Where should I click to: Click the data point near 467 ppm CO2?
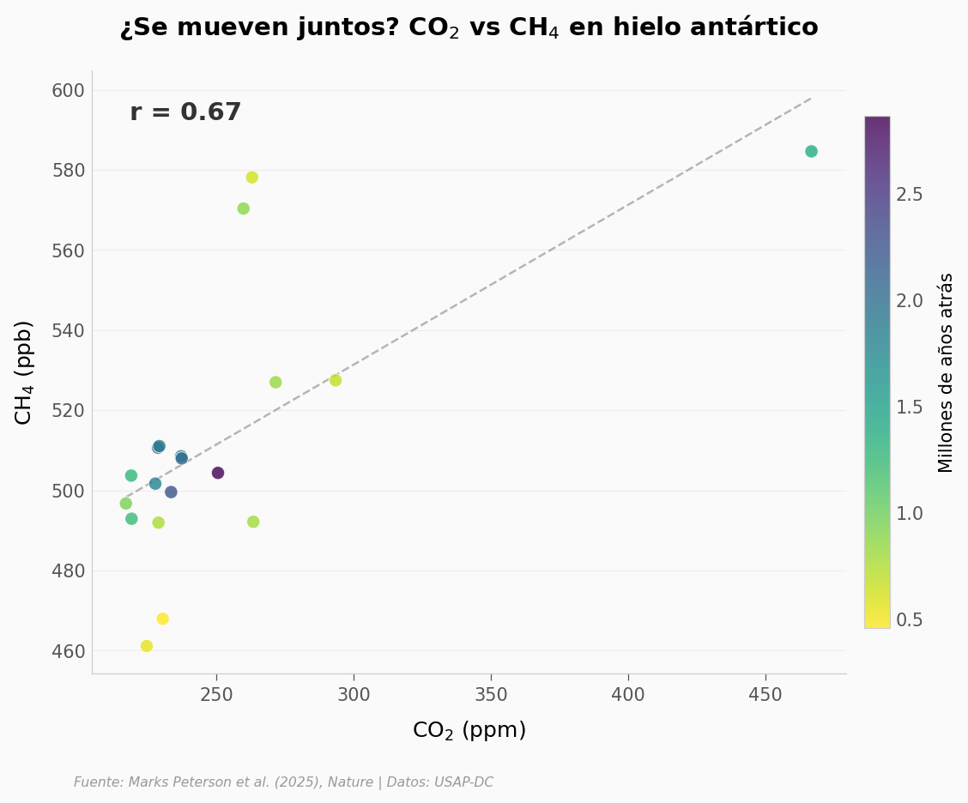pyautogui.click(x=811, y=152)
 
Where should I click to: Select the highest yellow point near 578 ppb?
pyautogui.click(x=251, y=178)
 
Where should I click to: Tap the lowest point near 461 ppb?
pyautogui.click(x=147, y=646)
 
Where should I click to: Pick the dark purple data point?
pyautogui.click(x=218, y=473)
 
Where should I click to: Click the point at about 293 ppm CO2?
pyautogui.click(x=336, y=380)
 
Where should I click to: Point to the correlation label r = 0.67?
pyautogui.click(x=185, y=113)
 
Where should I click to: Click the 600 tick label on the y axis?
pyautogui.click(x=68, y=91)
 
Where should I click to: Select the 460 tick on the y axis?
pyautogui.click(x=68, y=651)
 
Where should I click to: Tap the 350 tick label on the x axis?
pyautogui.click(x=491, y=695)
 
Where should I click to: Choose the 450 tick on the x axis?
pyautogui.click(x=765, y=695)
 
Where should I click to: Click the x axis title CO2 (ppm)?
pyautogui.click(x=469, y=731)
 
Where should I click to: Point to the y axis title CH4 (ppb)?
pyautogui.click(x=24, y=371)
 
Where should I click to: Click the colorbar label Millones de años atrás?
pyautogui.click(x=946, y=372)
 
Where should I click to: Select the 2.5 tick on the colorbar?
pyautogui.click(x=910, y=195)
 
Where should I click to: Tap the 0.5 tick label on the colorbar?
pyautogui.click(x=910, y=619)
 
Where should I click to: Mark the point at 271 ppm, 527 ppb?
pyautogui.click(x=275, y=383)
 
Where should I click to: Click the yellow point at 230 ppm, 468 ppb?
pyautogui.click(x=163, y=619)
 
